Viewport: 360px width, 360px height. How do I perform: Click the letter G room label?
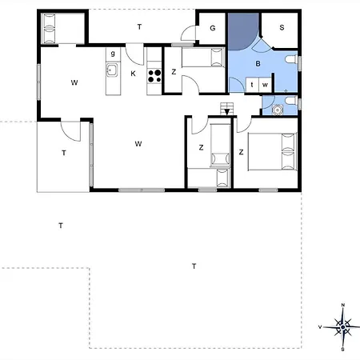click(x=213, y=28)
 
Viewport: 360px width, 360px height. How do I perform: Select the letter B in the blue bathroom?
click(x=258, y=63)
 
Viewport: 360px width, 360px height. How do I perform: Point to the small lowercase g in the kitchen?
click(x=113, y=53)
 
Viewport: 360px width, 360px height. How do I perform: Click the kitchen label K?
click(x=134, y=74)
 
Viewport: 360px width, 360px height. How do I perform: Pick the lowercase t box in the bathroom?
click(x=252, y=84)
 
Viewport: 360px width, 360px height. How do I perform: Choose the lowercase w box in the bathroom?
click(x=264, y=84)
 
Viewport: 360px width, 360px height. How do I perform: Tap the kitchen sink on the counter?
click(x=112, y=72)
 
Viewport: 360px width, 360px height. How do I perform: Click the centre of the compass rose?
click(x=342, y=326)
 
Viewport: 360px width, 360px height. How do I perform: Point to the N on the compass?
click(x=342, y=305)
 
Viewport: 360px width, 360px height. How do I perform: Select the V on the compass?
click(x=321, y=326)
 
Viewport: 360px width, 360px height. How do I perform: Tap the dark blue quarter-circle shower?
click(x=240, y=32)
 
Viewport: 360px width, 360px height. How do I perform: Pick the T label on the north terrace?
click(x=139, y=27)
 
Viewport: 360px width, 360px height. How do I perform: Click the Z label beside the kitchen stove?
click(x=174, y=72)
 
